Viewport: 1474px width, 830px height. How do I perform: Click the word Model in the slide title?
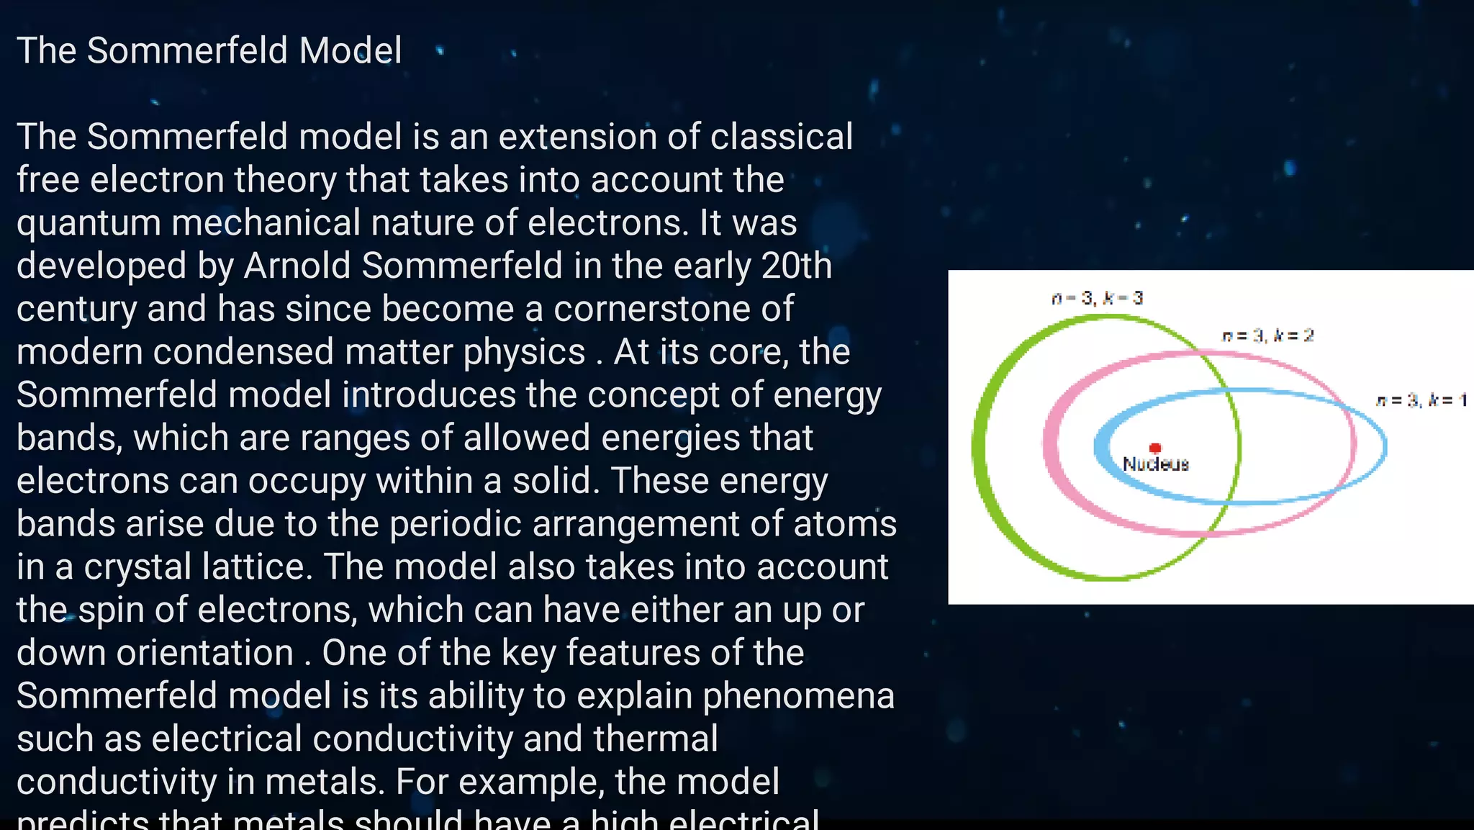tap(350, 50)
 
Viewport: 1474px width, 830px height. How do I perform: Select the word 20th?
tap(796, 266)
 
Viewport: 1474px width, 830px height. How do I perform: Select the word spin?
tap(110, 610)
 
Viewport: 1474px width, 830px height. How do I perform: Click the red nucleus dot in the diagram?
tap(1155, 448)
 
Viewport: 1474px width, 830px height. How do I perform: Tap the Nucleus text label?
tap(1156, 464)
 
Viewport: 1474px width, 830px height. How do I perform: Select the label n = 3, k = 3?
tap(1097, 298)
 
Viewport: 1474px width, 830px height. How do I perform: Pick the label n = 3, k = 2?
tap(1267, 335)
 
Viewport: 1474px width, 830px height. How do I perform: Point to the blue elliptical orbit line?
tap(1385, 446)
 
